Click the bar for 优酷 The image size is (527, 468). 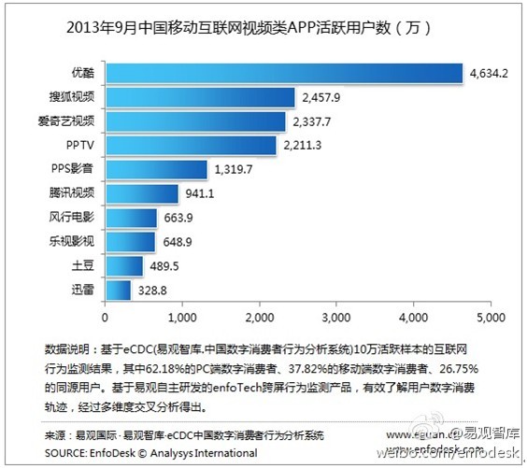point(284,73)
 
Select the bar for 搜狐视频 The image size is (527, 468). point(200,97)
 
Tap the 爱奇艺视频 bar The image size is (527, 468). point(195,121)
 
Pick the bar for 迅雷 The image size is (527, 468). point(118,291)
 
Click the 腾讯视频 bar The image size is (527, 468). point(141,193)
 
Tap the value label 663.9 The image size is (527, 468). point(178,218)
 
